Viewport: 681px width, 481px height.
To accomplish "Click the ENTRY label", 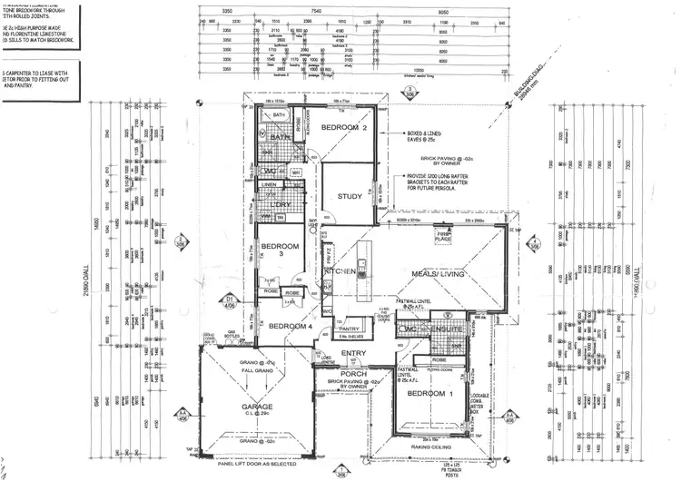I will [x=353, y=354].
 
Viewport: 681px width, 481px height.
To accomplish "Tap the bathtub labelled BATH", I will [x=280, y=116].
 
